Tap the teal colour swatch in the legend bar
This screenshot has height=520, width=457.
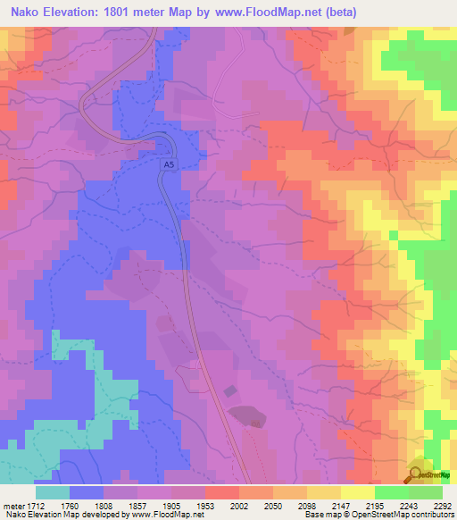click(x=53, y=492)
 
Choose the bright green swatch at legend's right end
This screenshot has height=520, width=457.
click(x=426, y=492)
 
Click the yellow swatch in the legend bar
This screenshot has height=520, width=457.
click(x=357, y=492)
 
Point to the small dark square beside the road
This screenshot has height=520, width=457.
click(x=231, y=391)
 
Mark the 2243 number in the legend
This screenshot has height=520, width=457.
click(x=403, y=505)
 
